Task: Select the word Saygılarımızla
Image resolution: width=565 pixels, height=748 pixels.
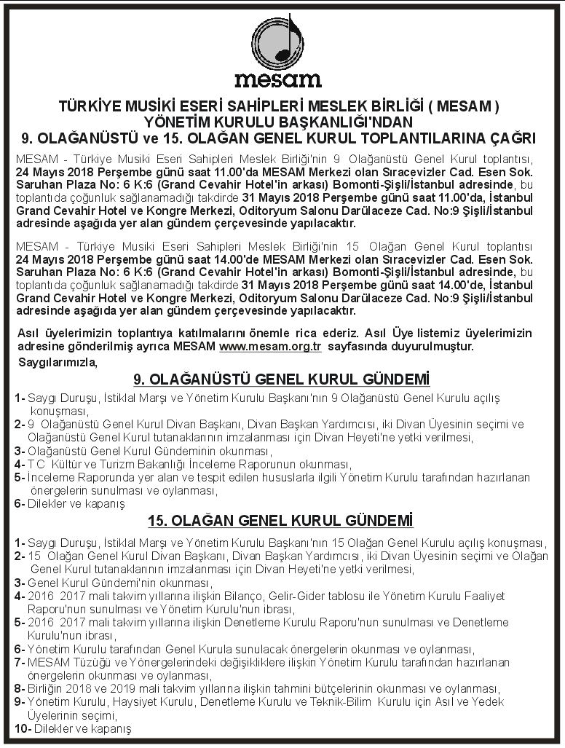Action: coord(57,362)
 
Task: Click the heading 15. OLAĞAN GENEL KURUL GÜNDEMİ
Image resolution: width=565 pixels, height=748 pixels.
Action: coord(280,521)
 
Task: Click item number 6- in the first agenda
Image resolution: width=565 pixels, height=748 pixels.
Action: coord(18,503)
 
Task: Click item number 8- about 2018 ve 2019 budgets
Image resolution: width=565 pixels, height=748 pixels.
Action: coord(18,688)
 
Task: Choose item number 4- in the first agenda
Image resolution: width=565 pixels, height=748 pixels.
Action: coord(18,464)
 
